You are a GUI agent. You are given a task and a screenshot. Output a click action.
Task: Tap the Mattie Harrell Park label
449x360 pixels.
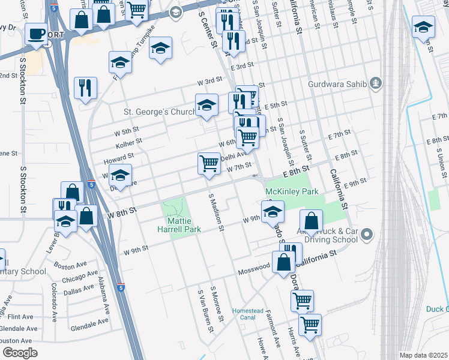pyautogui.click(x=175, y=225)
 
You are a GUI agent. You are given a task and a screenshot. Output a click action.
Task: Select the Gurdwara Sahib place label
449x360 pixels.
pyautogui.click(x=337, y=83)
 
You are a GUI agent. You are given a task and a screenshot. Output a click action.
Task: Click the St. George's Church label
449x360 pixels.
pyautogui.click(x=159, y=112)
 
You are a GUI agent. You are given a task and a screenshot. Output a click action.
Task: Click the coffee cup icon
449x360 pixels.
pyautogui.click(x=37, y=35)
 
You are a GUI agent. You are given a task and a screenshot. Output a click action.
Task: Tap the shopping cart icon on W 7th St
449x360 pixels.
pyautogui.click(x=209, y=163)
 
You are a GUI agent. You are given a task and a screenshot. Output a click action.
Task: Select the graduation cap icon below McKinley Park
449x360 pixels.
pyautogui.click(x=273, y=211)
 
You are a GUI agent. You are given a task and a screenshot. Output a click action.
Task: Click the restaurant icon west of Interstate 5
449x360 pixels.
pyautogui.click(x=85, y=88)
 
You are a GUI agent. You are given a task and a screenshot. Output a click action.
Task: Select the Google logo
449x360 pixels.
pyautogui.click(x=19, y=353)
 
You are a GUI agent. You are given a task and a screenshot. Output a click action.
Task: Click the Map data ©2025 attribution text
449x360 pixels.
pyautogui.click(x=423, y=355)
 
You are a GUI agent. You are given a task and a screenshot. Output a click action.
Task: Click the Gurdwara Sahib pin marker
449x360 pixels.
pyautogui.click(x=376, y=83)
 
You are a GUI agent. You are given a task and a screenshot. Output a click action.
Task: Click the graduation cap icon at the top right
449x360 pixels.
pyautogui.click(x=423, y=27)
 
